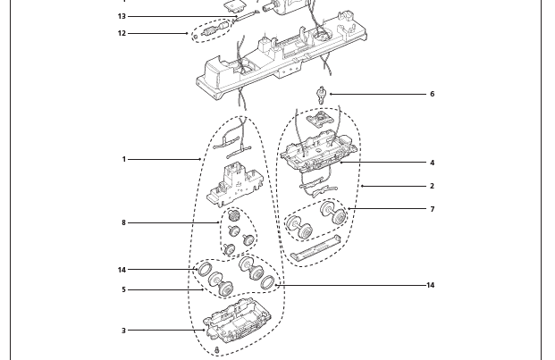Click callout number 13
(x=122, y=16)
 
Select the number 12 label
(x=122, y=34)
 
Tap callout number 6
(x=432, y=94)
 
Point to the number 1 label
(x=124, y=159)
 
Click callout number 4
(x=432, y=163)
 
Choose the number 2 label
(x=432, y=186)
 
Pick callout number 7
(x=432, y=209)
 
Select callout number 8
(x=124, y=222)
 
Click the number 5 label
(x=124, y=289)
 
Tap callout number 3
(x=124, y=331)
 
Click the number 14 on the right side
(x=430, y=285)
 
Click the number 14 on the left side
(x=122, y=270)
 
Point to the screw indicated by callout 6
(x=321, y=93)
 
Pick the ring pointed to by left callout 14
(x=204, y=270)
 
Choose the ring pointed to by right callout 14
(x=266, y=283)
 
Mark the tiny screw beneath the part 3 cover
(x=217, y=351)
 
